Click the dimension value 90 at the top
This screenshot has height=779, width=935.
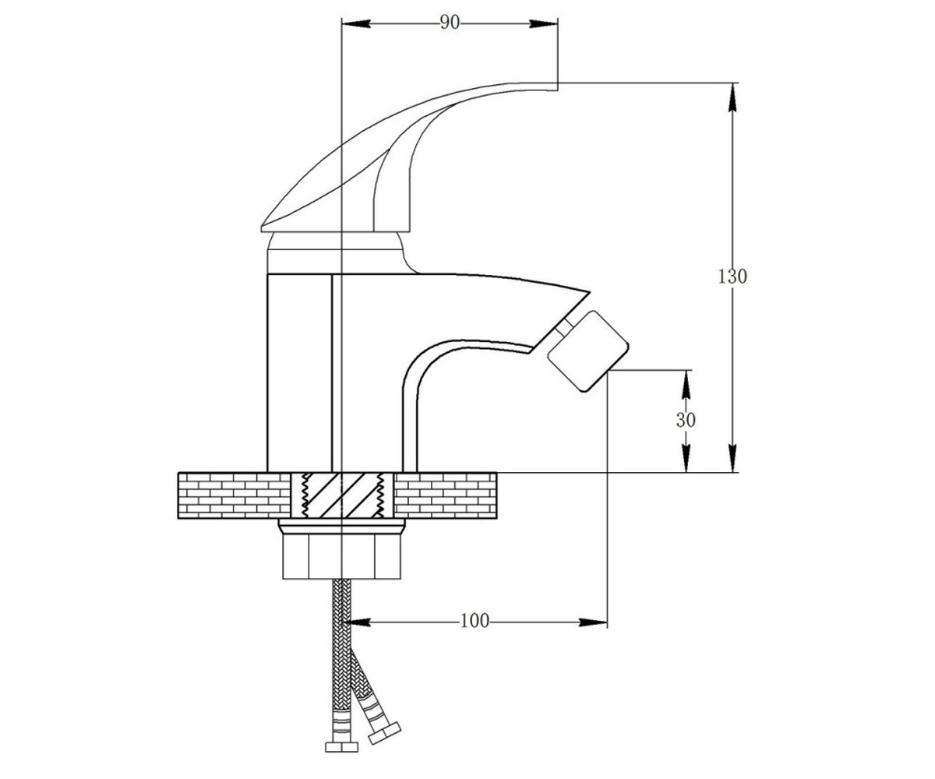[450, 23]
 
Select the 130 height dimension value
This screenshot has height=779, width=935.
[732, 277]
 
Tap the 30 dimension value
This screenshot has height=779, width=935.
[686, 420]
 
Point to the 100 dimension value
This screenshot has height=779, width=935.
[475, 621]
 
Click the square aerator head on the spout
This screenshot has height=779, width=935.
[588, 351]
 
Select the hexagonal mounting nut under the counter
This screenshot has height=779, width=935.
[342, 548]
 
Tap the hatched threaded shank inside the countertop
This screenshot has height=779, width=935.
[342, 495]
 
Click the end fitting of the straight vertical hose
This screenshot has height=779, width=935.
[341, 746]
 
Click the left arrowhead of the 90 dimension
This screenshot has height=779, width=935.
[356, 23]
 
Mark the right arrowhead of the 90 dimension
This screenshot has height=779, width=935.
[544, 23]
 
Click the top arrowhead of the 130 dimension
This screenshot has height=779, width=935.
[732, 97]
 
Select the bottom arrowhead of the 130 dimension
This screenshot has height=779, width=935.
[732, 458]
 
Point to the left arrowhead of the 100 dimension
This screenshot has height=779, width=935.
[356, 622]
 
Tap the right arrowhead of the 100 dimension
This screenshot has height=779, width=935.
[593, 622]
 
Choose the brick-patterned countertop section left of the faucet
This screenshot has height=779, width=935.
[235, 495]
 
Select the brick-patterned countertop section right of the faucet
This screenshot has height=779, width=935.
[445, 495]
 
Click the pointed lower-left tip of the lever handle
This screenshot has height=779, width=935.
[262, 228]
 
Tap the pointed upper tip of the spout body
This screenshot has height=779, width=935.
[589, 292]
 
